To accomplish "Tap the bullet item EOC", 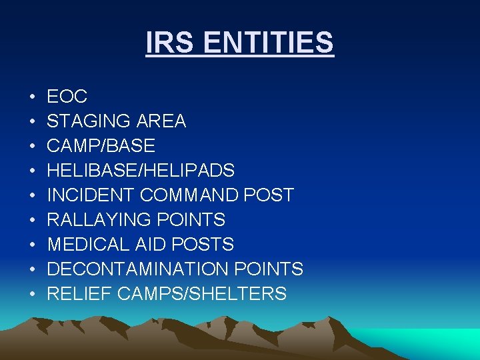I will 67,97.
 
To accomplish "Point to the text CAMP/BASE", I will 101,146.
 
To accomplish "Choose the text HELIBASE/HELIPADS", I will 141,171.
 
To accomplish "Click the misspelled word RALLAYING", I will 97,220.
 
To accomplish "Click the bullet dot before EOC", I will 32,97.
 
